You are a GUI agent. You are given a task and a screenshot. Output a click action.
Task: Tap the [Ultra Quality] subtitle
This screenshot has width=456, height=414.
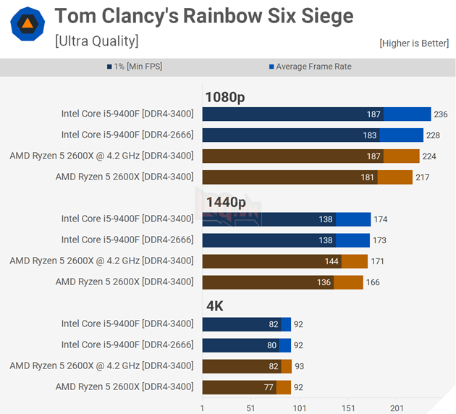(96, 41)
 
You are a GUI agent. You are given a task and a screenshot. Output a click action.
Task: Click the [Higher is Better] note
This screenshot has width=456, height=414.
(414, 43)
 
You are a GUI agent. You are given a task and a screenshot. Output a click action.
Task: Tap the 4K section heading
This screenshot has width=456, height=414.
(215, 306)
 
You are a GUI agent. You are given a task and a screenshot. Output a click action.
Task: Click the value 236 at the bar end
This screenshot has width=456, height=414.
(441, 114)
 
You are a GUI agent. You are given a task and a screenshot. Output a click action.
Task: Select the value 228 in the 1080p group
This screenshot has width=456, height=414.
(433, 135)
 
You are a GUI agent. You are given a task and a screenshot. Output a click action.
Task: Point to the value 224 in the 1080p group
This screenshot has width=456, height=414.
(429, 156)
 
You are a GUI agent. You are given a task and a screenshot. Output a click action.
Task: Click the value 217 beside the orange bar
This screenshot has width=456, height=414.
(422, 177)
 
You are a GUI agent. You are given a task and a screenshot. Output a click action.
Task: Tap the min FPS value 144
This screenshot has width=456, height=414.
(332, 261)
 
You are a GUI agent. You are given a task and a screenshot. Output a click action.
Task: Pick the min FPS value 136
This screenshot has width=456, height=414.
(324, 282)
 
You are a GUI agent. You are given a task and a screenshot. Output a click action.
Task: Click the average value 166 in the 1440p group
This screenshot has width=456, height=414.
(373, 282)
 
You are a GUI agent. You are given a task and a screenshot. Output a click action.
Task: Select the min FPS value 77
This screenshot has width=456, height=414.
(269, 387)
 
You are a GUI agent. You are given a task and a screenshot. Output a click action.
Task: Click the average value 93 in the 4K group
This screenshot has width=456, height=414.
(300, 366)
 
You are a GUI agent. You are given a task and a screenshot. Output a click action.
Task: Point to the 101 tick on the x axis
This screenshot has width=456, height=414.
(299, 407)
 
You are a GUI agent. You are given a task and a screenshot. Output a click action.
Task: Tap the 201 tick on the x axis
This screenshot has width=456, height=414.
(397, 407)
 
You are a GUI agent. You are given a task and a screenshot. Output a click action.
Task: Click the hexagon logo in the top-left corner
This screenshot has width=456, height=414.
(27, 25)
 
